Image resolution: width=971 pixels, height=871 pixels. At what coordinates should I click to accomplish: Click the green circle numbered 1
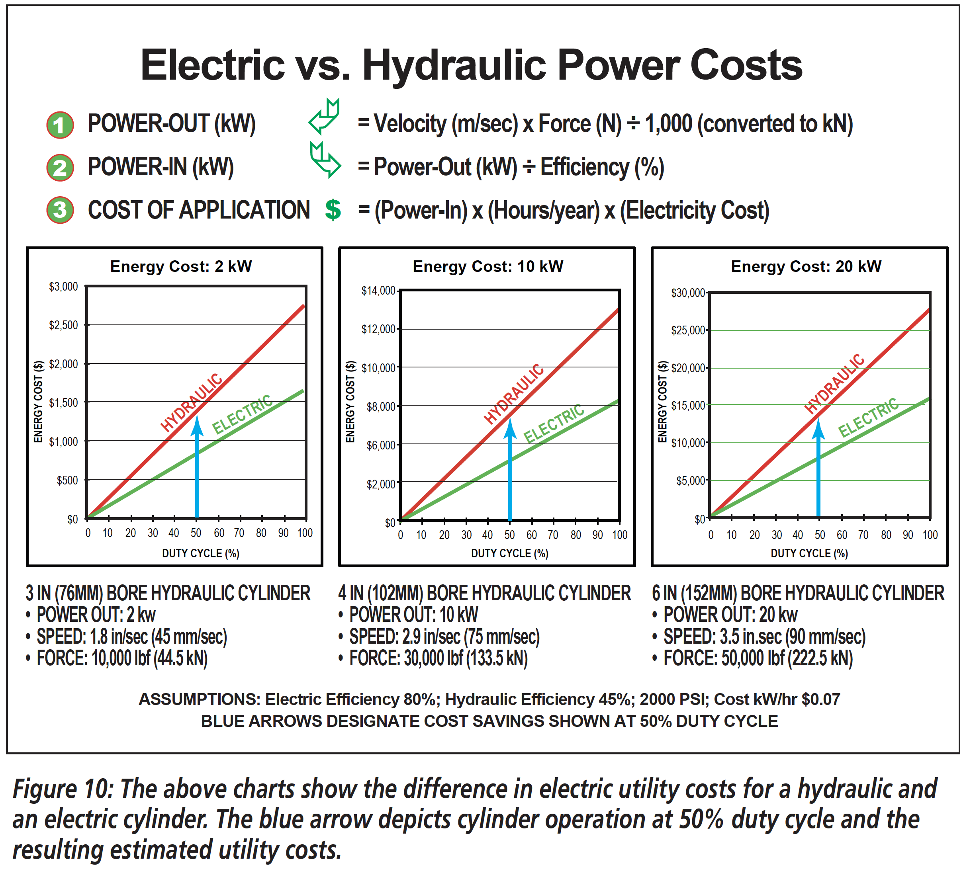(60, 125)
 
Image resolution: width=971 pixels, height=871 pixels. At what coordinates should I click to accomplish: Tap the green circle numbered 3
(60, 210)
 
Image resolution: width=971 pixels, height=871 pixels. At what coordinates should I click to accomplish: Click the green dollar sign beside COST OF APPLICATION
(333, 210)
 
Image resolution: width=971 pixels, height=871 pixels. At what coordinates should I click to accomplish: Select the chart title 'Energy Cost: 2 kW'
(180, 266)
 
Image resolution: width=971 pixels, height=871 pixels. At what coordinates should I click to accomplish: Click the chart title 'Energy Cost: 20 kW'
(806, 266)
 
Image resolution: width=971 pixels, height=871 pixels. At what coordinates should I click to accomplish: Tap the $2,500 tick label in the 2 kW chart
(63, 325)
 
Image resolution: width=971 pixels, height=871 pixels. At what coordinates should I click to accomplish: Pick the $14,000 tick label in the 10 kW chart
(378, 291)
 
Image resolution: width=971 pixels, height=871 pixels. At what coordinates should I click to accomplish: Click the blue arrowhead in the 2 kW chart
(197, 426)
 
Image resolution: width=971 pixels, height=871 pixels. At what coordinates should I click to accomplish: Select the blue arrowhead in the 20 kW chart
(819, 428)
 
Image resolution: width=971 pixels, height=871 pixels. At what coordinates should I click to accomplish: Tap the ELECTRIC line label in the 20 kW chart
(868, 417)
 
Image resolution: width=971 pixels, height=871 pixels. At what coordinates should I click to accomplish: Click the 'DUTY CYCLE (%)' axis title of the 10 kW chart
(509, 553)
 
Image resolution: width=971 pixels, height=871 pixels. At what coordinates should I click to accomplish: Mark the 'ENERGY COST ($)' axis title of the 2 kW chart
(38, 401)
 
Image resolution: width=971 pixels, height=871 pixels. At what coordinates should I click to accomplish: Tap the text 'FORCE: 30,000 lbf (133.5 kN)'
(438, 658)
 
